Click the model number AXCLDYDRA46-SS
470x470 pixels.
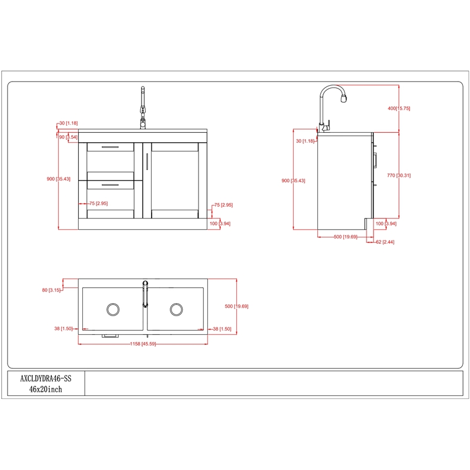tap(46, 378)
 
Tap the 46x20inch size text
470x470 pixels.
tap(46, 390)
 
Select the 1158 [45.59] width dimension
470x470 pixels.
tap(143, 344)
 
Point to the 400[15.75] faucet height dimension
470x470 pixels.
tap(399, 108)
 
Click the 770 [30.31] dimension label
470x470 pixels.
tap(399, 175)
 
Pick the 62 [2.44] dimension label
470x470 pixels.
tap(385, 242)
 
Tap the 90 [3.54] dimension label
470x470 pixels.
tap(68, 137)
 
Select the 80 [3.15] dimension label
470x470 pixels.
tap(51, 290)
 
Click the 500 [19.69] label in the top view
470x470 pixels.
tap(237, 306)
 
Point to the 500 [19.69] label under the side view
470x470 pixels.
tap(345, 237)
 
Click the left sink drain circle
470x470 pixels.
tap(113, 310)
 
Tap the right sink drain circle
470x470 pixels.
tap(176, 310)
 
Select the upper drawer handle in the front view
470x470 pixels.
tap(110, 147)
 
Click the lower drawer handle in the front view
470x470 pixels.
tap(110, 185)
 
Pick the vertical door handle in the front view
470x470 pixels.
tap(147, 162)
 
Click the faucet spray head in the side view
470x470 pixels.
tap(344, 98)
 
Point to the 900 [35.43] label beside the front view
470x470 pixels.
tap(58, 179)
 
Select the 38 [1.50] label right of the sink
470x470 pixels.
tap(222, 329)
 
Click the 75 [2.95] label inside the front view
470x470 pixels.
tap(99, 203)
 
